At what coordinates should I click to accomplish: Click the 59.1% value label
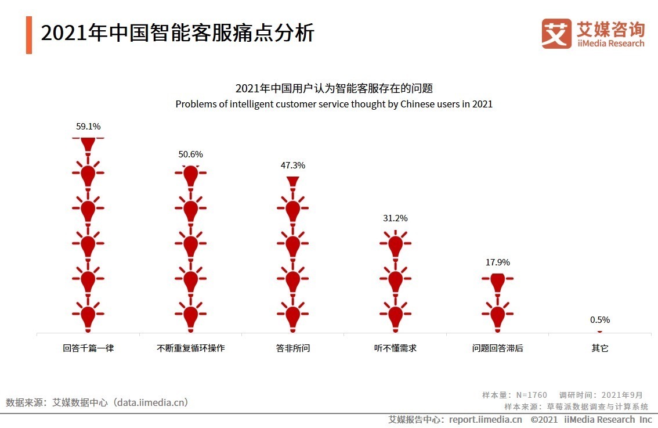88,126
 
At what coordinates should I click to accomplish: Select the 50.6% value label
191,154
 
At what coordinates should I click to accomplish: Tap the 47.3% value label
293,166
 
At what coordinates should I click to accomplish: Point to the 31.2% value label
395,218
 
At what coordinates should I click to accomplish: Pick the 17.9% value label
497,262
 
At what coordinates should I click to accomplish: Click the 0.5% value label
600,320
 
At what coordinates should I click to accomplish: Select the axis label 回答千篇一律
88,348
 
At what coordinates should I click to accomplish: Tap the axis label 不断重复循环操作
191,348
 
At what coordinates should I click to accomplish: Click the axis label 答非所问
293,348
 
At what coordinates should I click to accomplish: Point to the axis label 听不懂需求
395,348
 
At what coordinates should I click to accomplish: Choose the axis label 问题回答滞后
497,348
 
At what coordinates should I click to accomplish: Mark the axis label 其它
600,348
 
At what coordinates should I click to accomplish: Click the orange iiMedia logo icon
556,34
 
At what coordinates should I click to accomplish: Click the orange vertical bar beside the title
29,35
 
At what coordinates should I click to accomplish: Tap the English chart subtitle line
334,105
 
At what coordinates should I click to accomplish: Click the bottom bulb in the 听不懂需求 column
395,315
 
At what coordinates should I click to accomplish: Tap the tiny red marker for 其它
600,332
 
